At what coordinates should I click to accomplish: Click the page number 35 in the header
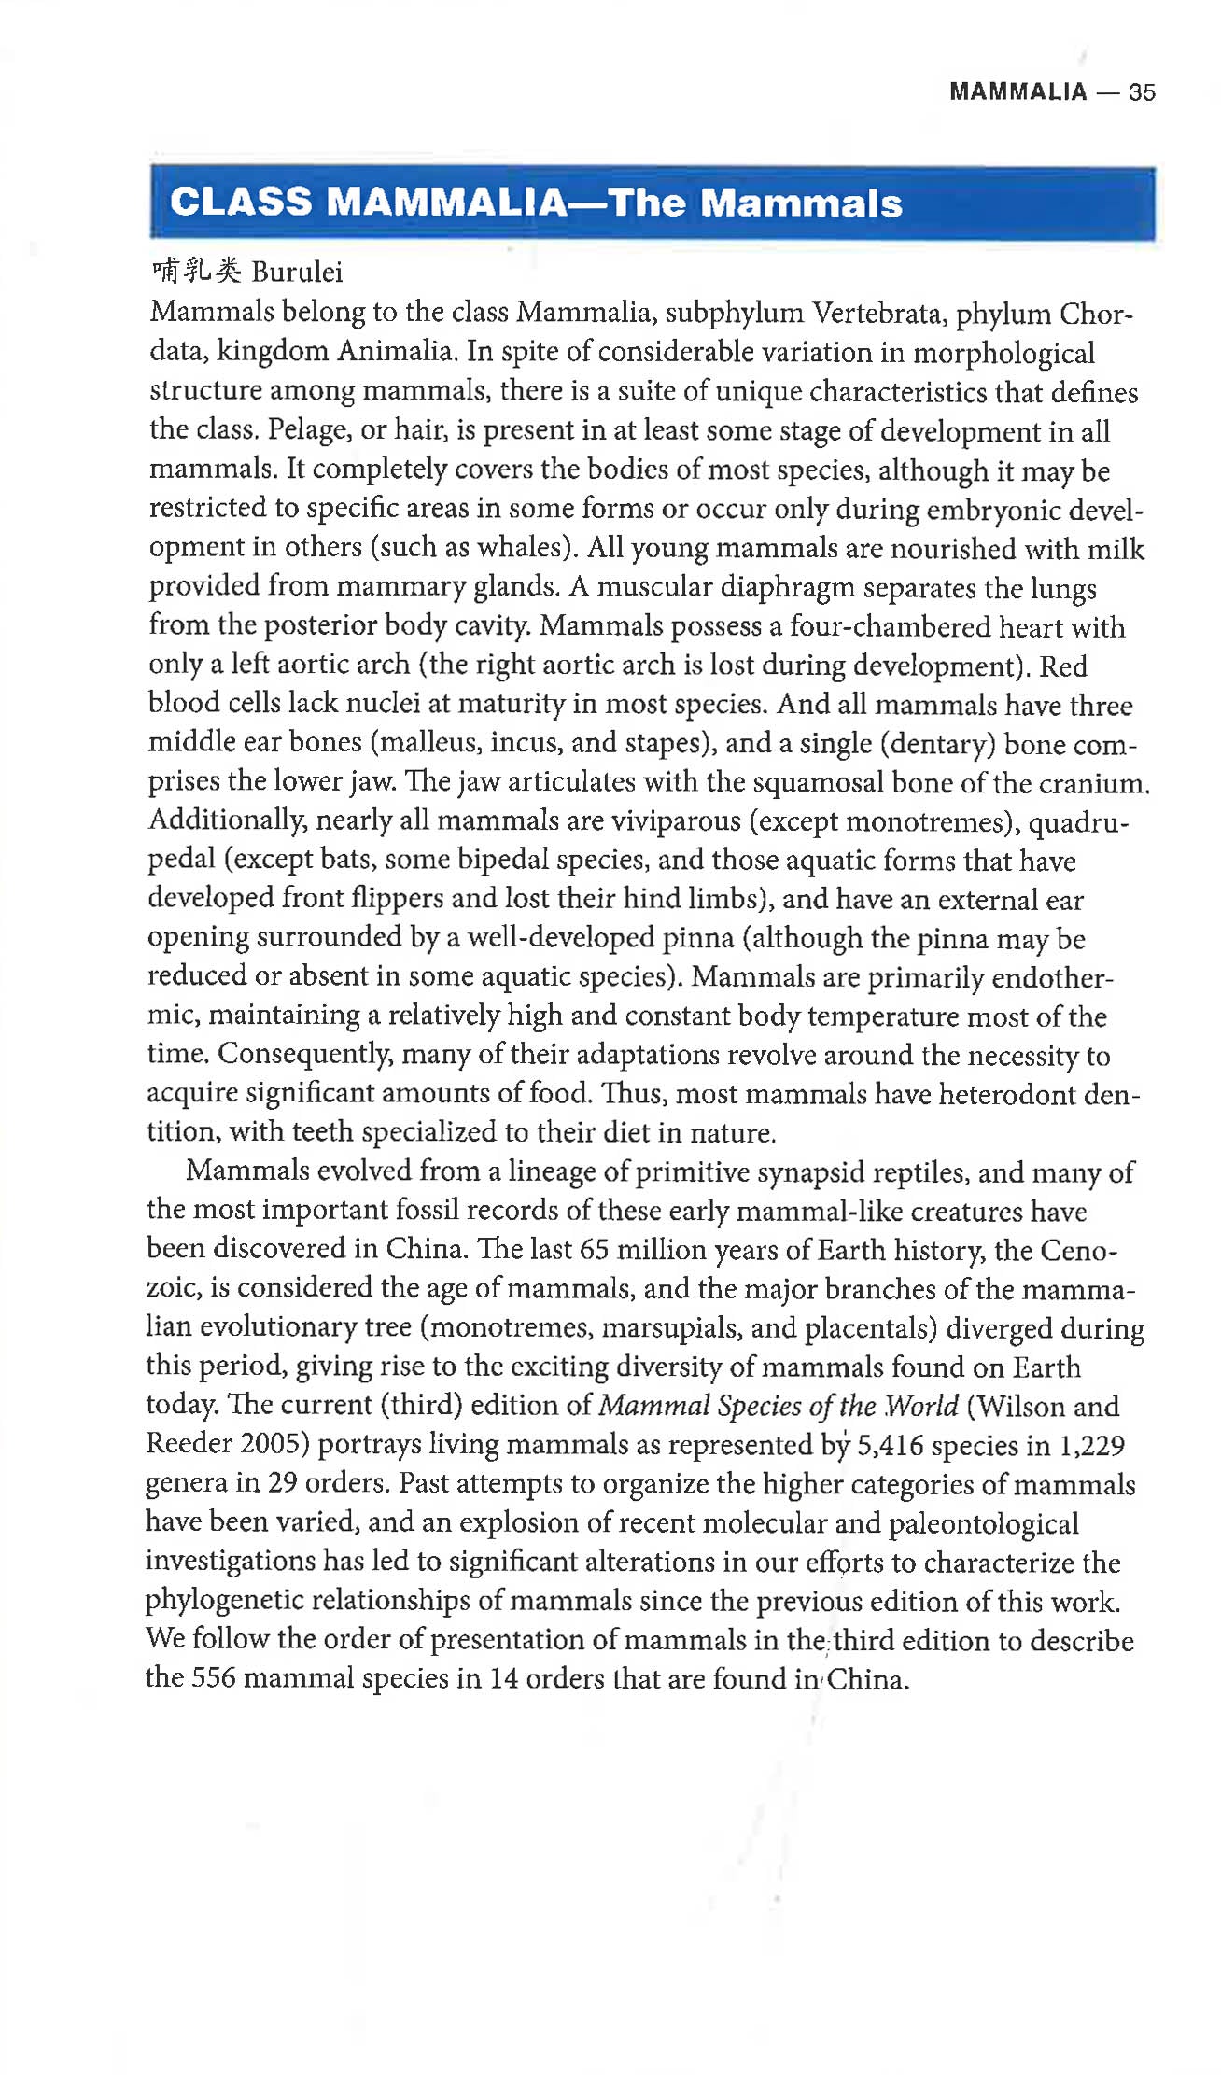click(1142, 92)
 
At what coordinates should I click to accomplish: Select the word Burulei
click(297, 273)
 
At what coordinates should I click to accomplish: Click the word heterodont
click(1006, 1094)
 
